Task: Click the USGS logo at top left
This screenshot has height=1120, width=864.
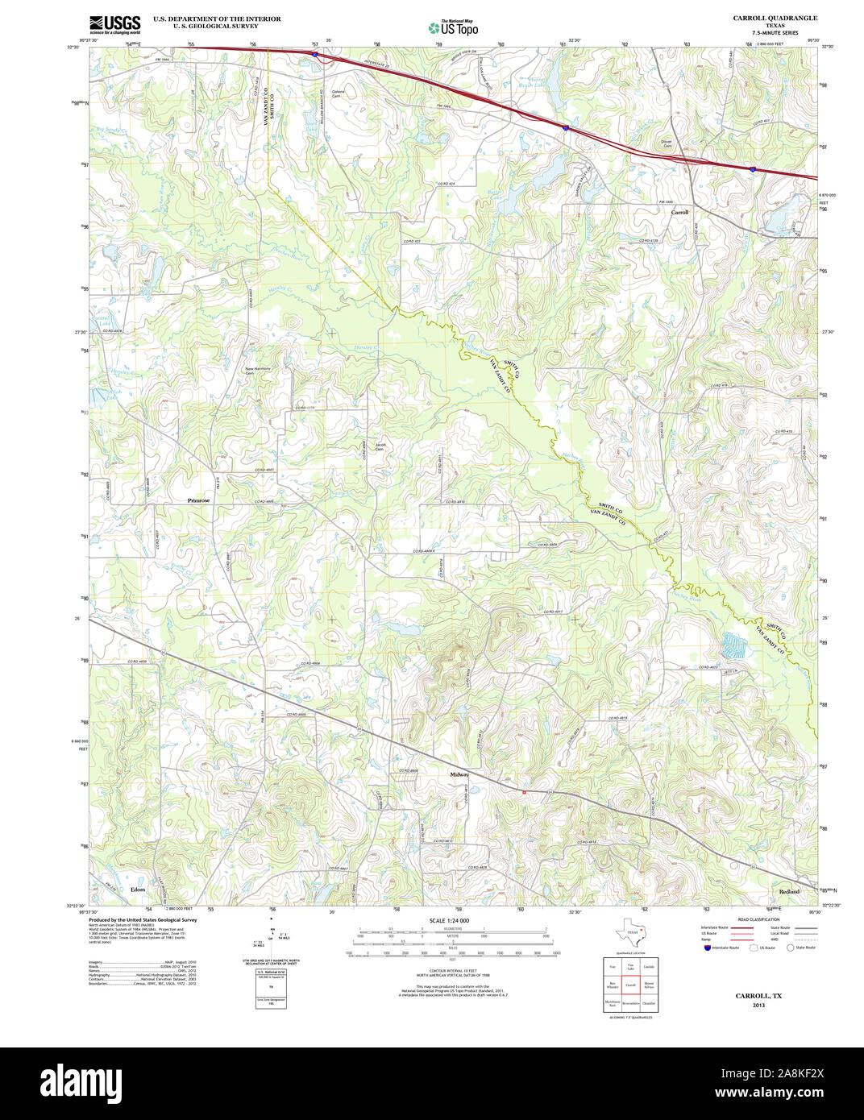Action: pyautogui.click(x=114, y=23)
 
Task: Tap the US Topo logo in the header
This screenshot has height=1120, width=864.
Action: pyautogui.click(x=453, y=27)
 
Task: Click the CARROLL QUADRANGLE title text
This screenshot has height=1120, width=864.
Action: pyautogui.click(x=775, y=18)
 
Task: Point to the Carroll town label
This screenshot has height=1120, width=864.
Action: pyautogui.click(x=680, y=212)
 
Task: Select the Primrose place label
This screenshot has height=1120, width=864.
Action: pyautogui.click(x=198, y=500)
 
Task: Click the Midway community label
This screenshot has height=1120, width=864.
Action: pyautogui.click(x=459, y=774)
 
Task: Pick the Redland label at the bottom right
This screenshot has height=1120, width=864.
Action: pyautogui.click(x=789, y=891)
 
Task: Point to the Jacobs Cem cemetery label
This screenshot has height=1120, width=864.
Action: pyautogui.click(x=380, y=447)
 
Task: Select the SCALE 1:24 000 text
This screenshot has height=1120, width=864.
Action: pyautogui.click(x=449, y=920)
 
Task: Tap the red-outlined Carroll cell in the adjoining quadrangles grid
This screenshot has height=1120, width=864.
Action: pyautogui.click(x=631, y=985)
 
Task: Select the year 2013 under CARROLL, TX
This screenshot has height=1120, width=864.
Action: pyautogui.click(x=758, y=1005)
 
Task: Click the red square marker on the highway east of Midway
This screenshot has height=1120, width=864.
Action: pyautogui.click(x=524, y=793)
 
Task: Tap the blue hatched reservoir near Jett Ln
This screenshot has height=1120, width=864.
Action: pyautogui.click(x=733, y=644)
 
